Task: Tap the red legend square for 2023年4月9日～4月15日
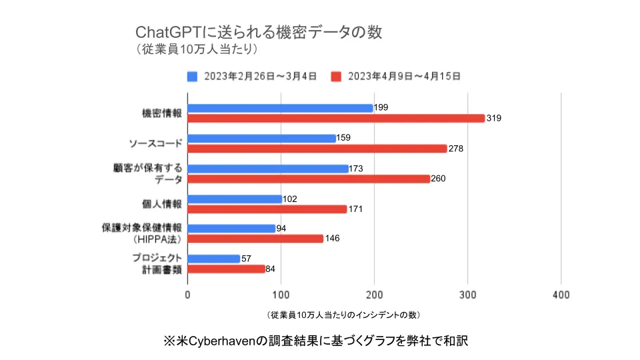pyautogui.click(x=337, y=76)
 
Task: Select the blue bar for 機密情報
pyautogui.click(x=280, y=108)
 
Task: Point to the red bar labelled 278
pyautogui.click(x=317, y=149)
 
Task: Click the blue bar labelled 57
pyautogui.click(x=214, y=259)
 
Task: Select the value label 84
pyautogui.click(x=271, y=269)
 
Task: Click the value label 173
pyautogui.click(x=356, y=169)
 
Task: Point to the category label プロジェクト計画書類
pyautogui.click(x=159, y=264)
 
